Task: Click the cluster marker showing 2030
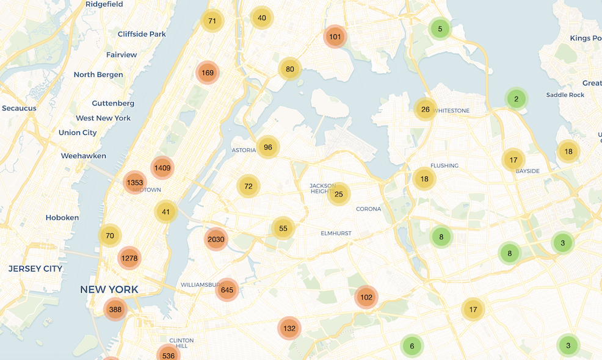pos(216,239)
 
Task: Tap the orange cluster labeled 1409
pos(162,168)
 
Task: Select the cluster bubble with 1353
pos(134,182)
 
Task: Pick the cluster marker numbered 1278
pos(129,258)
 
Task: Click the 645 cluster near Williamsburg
pos(227,290)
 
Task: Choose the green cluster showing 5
pos(440,28)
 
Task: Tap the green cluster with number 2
pos(516,99)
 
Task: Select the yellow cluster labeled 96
pos(267,147)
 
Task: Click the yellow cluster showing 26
pos(426,110)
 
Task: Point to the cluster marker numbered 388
pos(115,310)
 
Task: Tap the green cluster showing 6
pos(412,346)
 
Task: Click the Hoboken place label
pos(62,218)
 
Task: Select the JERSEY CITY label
pos(35,268)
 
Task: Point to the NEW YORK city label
pos(109,289)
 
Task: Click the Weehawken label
pos(84,156)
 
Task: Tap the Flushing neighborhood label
pos(444,165)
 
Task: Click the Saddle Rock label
pos(565,95)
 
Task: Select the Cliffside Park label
pos(142,34)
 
